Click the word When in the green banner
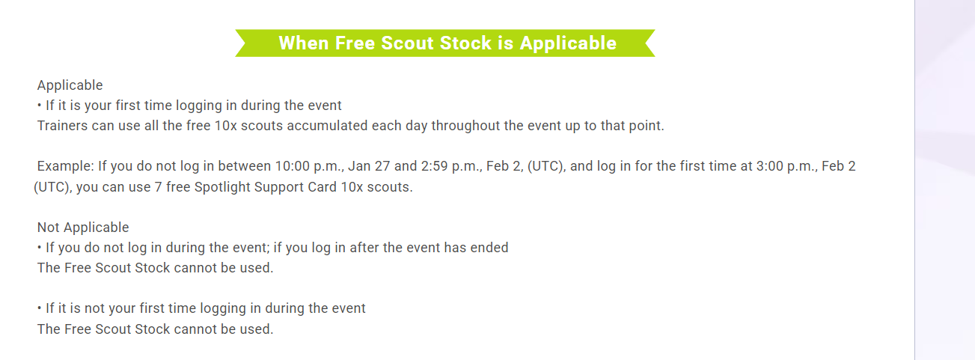(x=303, y=43)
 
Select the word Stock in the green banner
(x=465, y=43)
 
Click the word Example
(x=65, y=166)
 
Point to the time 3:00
(x=769, y=166)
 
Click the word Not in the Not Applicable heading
(x=48, y=228)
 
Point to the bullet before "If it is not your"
(x=39, y=308)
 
